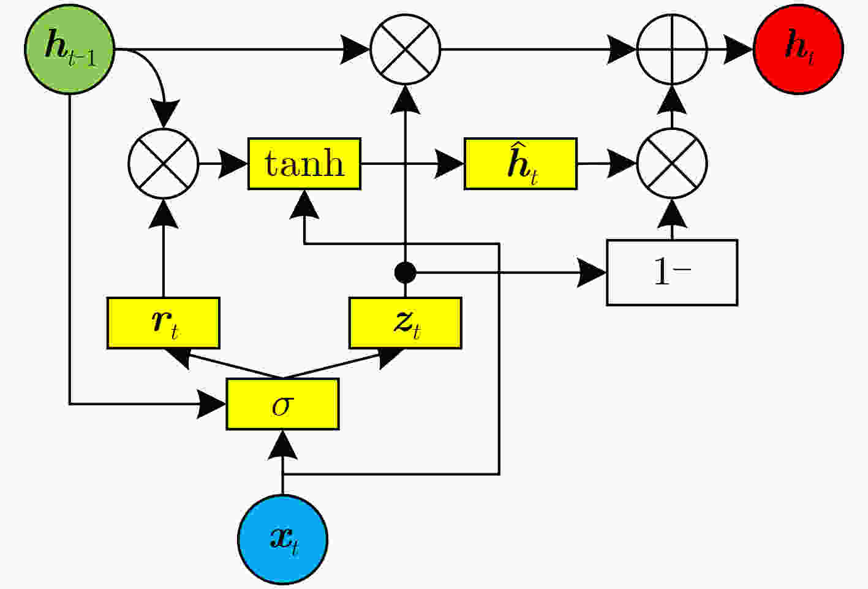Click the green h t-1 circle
69,49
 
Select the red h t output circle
798,49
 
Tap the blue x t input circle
283,539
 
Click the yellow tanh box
304,164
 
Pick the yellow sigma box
283,404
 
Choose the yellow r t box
164,323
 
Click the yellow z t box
406,323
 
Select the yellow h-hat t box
521,164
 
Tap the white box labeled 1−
672,273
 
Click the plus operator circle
673,49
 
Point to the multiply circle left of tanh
164,164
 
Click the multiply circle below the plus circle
673,164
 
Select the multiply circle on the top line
406,49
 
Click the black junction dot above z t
406,272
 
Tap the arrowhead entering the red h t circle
738,49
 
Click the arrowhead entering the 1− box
592,273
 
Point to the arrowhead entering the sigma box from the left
211,404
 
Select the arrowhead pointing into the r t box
178,357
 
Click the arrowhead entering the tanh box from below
304,205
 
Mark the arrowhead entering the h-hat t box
450,164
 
